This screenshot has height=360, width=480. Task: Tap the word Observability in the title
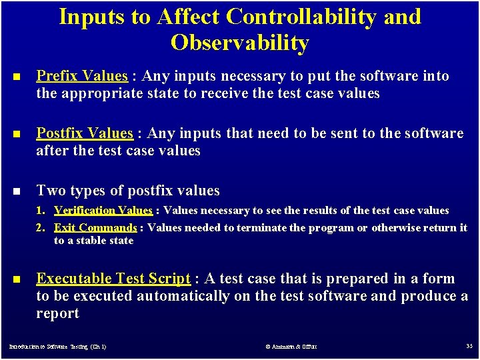(240, 43)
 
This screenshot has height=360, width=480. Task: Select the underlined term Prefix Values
(81, 76)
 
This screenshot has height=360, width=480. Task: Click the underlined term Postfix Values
(85, 133)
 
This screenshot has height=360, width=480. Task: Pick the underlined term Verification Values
(103, 211)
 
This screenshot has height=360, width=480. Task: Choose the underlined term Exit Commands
(95, 227)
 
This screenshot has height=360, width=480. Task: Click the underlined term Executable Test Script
(113, 279)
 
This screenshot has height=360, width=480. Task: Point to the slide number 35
(469, 346)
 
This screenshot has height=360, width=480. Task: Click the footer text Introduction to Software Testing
(57, 347)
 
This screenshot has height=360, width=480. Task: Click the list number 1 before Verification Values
(40, 211)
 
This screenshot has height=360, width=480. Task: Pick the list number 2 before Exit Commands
(40, 227)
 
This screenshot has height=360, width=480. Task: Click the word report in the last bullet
(57, 313)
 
